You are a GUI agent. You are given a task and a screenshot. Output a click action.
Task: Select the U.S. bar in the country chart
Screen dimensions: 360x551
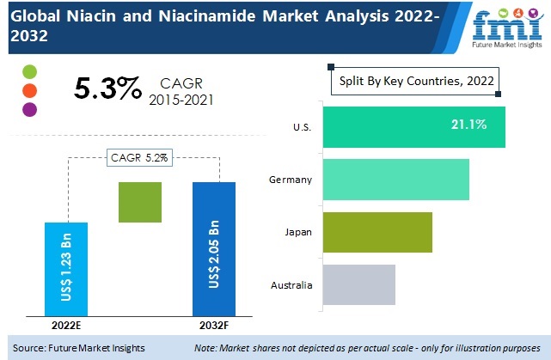[x=413, y=126]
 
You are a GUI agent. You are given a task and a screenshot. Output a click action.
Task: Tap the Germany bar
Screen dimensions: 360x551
[x=395, y=180]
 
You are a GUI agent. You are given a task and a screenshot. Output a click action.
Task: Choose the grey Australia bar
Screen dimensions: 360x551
[x=358, y=284]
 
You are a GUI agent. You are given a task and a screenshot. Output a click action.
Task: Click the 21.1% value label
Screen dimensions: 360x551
[x=468, y=125]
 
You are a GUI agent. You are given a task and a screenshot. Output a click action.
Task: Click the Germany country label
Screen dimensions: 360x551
[x=289, y=180]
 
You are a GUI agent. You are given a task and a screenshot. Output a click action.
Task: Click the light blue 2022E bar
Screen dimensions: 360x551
[x=66, y=268]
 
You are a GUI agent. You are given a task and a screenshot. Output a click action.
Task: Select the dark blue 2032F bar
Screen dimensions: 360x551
[x=214, y=248]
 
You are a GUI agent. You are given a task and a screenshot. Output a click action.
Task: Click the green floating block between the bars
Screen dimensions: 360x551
[x=140, y=203]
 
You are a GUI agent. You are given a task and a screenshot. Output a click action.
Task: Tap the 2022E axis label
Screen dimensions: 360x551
[x=67, y=325]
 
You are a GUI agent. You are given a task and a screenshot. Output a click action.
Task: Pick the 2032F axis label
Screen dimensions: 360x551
[x=213, y=325]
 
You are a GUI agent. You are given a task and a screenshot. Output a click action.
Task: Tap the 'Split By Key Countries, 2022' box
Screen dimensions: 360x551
[x=416, y=82]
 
